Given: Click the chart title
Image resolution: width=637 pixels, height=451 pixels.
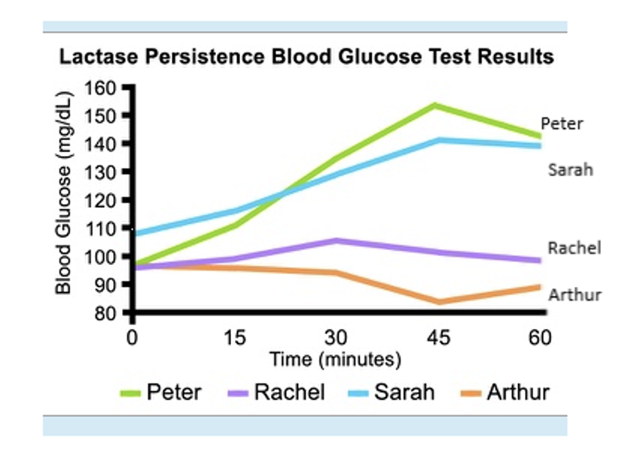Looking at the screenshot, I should pyautogui.click(x=306, y=57).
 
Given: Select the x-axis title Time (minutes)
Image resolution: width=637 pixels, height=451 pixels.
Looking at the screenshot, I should pyautogui.click(x=336, y=359).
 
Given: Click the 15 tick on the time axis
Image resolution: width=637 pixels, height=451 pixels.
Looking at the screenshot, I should pyautogui.click(x=235, y=337).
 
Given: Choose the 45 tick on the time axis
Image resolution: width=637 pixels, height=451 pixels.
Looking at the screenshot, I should pyautogui.click(x=438, y=337).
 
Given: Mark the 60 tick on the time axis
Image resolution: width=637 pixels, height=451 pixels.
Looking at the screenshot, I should pyautogui.click(x=539, y=337).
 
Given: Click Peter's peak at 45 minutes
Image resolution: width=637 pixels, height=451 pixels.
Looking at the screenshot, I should pyautogui.click(x=435, y=105).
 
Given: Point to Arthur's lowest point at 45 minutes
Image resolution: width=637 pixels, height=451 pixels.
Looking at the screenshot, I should pyautogui.click(x=437, y=302).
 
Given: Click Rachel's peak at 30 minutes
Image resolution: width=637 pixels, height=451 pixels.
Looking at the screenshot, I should pyautogui.click(x=337, y=240).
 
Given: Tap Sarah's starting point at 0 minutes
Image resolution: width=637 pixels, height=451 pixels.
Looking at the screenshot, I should pyautogui.click(x=133, y=233).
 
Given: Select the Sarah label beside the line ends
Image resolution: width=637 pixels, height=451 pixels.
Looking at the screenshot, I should pyautogui.click(x=570, y=170).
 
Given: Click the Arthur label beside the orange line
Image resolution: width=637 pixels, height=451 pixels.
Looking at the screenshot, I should pyautogui.click(x=575, y=294).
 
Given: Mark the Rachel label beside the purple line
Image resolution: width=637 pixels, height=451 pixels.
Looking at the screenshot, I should pyautogui.click(x=574, y=248).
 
